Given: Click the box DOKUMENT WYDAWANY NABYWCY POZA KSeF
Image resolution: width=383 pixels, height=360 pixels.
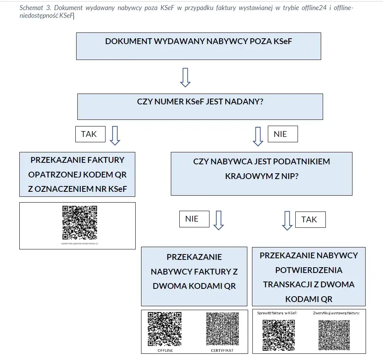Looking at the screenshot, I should point(198,46).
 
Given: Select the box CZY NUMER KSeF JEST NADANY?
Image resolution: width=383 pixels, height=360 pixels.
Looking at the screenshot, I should point(200,106).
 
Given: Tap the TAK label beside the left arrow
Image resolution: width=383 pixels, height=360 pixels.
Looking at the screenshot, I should point(90,134).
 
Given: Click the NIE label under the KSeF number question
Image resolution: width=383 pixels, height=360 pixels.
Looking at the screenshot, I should point(282,134).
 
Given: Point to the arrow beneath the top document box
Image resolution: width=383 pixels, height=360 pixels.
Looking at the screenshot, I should point(186,77).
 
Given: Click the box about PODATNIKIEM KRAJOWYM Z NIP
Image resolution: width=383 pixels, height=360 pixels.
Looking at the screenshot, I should point(261,173).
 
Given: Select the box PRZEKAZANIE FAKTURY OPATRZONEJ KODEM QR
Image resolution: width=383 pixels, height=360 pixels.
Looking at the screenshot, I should point(77,174).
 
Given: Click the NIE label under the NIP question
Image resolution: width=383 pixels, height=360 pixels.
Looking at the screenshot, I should point(194,219).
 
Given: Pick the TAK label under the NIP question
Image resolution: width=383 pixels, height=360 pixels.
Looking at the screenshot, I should point(310,220).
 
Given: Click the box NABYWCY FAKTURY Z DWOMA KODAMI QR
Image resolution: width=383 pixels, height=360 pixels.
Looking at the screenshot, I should point(194,276).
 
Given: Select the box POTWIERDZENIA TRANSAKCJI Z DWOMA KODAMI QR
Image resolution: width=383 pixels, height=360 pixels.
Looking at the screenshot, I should point(308,277).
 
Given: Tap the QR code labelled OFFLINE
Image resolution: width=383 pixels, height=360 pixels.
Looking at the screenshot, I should point(165,329).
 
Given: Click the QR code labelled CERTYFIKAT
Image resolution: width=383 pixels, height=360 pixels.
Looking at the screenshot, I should point(222,329).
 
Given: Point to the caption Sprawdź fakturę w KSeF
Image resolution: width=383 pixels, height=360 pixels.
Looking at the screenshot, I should point(277,313).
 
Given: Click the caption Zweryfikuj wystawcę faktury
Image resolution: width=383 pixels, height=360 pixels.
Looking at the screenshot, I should point(336,313).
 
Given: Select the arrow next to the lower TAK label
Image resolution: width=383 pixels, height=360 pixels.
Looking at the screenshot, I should point(287,220).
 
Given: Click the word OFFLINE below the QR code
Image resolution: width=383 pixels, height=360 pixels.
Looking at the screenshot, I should point(165,350).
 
